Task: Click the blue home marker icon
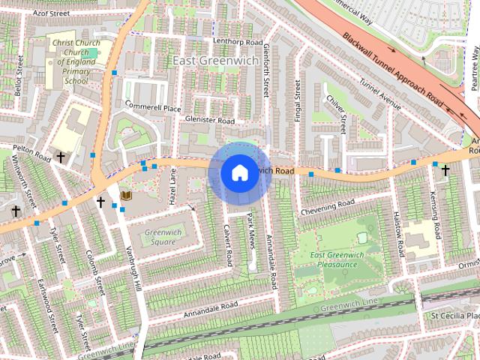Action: [x=238, y=172]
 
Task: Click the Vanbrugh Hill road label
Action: [x=133, y=269]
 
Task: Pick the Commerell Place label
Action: [x=153, y=108]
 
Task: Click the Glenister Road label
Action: [x=210, y=121]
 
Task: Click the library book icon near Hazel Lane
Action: [x=126, y=196]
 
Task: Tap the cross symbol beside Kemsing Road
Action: [x=445, y=170]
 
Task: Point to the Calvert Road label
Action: [x=229, y=244]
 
